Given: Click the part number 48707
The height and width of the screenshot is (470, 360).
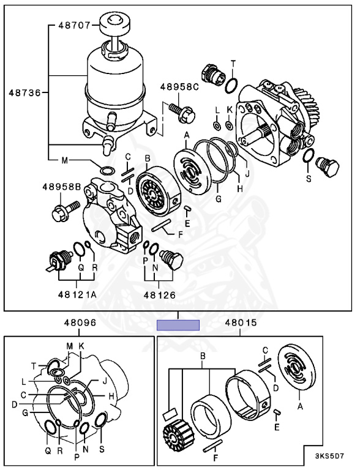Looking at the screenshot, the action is coord(74,26).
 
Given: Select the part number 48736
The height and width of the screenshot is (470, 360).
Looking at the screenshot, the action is coord(24,92).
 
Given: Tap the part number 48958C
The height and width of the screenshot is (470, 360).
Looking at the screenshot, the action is coord(179,87).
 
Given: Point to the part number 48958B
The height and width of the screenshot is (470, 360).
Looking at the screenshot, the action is coord(62,187).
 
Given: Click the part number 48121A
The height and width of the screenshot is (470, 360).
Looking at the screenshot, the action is coord(77,295).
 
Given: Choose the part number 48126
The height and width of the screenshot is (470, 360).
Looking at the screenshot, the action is coord(159,295).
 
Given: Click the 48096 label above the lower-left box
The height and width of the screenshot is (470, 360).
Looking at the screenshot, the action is coord(80,323).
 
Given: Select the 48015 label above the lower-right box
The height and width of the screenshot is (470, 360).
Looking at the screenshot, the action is coord(241,323).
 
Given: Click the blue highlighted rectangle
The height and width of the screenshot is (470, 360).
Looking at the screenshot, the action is coord(178,325).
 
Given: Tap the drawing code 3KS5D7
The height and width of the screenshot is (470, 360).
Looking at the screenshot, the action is coord(329,456).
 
